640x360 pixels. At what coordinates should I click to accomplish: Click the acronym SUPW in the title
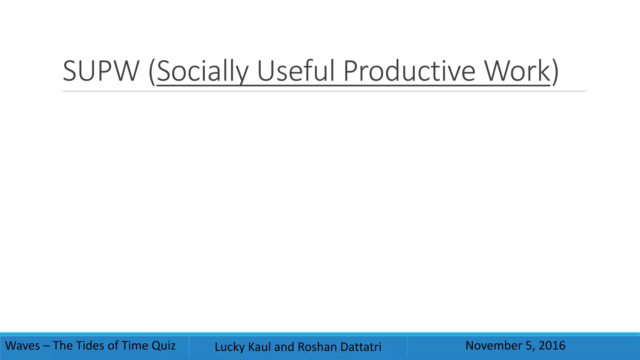click(x=101, y=71)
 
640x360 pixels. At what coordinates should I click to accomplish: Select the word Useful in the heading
click(x=297, y=71)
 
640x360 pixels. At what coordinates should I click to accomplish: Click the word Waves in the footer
click(x=23, y=346)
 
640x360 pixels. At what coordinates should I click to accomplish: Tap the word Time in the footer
click(x=134, y=346)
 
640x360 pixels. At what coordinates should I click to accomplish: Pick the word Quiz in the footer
click(x=163, y=346)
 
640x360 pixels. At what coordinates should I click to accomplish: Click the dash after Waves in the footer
click(x=46, y=346)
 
